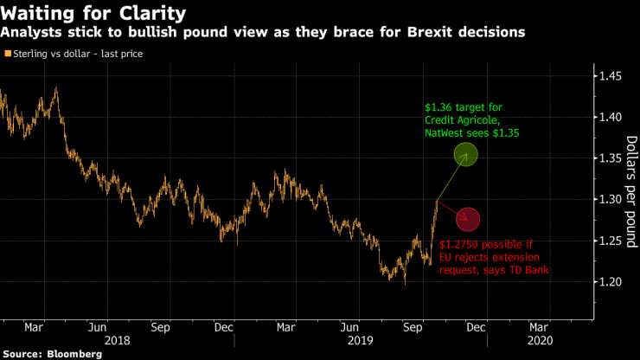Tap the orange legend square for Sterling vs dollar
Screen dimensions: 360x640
[x=8, y=54]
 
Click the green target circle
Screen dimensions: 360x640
[x=466, y=156]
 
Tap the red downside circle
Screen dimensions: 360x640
[x=468, y=221]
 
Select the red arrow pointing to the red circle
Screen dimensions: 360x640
[x=449, y=209]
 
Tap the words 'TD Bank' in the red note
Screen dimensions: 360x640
[x=531, y=271]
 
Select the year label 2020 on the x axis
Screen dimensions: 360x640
[x=538, y=341]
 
